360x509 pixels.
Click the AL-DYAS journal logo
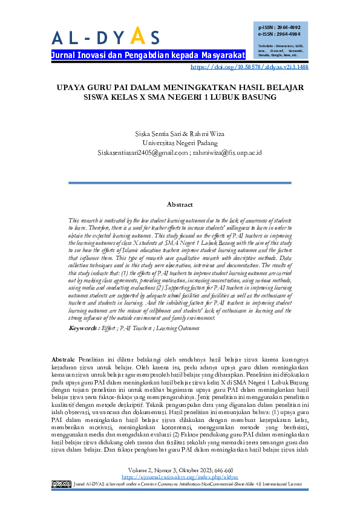tap(106, 37)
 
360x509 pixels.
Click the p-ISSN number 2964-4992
tap(287, 27)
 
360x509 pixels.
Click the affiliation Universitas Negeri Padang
tap(180, 143)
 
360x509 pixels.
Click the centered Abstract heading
tap(180, 205)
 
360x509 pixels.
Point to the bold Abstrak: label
tap(64, 358)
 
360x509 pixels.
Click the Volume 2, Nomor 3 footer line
tap(180, 470)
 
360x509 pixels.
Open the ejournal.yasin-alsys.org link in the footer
tap(180, 477)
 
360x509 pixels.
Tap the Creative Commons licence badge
tap(61, 484)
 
